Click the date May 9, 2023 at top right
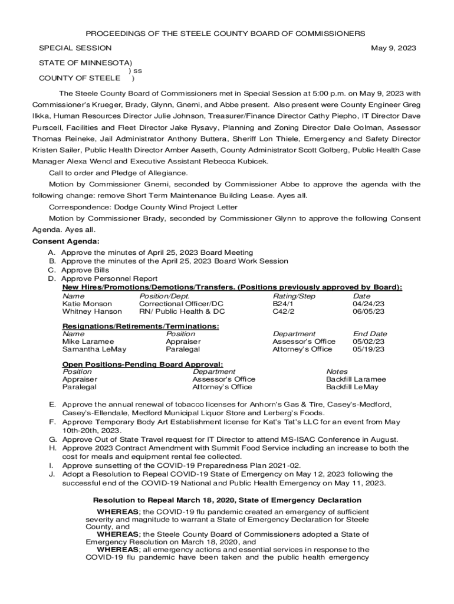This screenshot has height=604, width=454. (393, 48)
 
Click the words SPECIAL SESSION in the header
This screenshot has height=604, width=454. (75, 48)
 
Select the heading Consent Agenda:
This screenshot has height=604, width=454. (65, 242)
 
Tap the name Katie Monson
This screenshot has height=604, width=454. (87, 304)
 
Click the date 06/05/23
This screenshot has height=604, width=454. (369, 311)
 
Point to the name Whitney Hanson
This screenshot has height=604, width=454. (92, 311)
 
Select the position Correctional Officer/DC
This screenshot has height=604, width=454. (181, 304)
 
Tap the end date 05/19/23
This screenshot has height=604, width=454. (369, 349)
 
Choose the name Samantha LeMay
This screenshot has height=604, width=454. (94, 349)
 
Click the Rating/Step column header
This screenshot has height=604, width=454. (294, 296)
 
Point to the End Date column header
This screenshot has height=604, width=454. (370, 334)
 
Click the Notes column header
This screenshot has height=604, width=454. (337, 372)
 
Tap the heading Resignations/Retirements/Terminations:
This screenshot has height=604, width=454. (140, 326)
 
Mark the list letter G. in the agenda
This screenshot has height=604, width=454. (52, 439)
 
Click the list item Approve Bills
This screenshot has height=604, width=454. (85, 270)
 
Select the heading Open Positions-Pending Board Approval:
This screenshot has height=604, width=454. (143, 365)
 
